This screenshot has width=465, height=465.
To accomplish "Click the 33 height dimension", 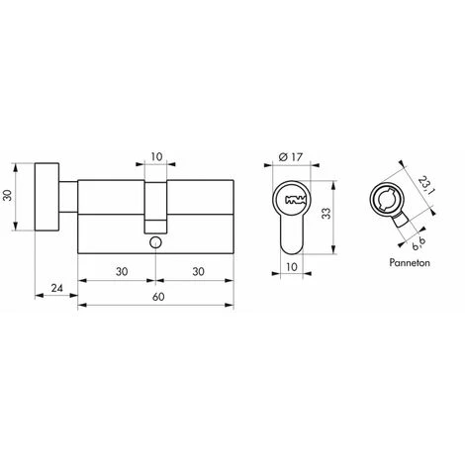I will tap(338, 210).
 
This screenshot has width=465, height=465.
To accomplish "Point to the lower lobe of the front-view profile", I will tap(293, 237).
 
